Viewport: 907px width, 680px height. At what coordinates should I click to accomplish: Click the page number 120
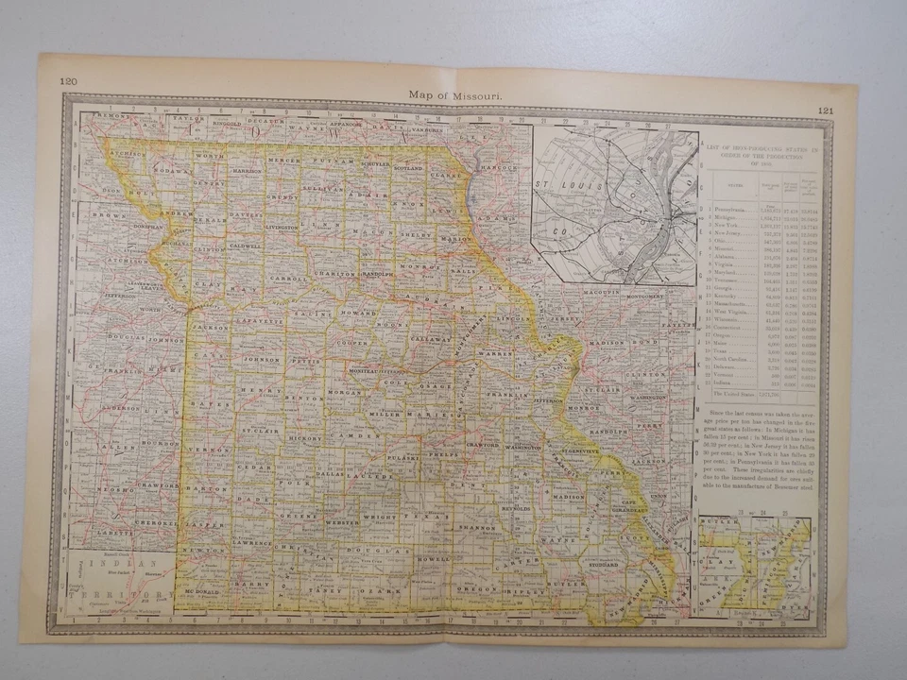point(68,81)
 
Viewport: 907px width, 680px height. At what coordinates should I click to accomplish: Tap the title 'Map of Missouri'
point(455,94)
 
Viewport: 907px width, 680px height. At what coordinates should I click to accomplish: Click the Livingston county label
point(282,228)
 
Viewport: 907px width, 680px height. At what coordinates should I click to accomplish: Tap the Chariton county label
point(335,274)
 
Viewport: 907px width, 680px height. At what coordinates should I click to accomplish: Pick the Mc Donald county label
point(201,591)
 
